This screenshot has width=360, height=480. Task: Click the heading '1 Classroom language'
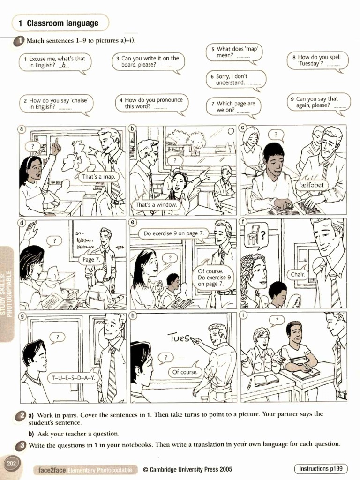(x=58, y=23)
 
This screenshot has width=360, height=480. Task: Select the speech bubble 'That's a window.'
(x=156, y=205)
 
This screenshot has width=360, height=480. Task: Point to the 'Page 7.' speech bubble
(x=91, y=259)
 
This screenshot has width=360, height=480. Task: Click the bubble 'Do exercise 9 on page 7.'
(x=173, y=233)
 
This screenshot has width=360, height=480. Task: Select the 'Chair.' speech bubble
(x=298, y=274)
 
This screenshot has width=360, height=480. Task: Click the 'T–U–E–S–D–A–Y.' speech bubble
(x=73, y=377)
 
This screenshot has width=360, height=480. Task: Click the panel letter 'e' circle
(x=133, y=222)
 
